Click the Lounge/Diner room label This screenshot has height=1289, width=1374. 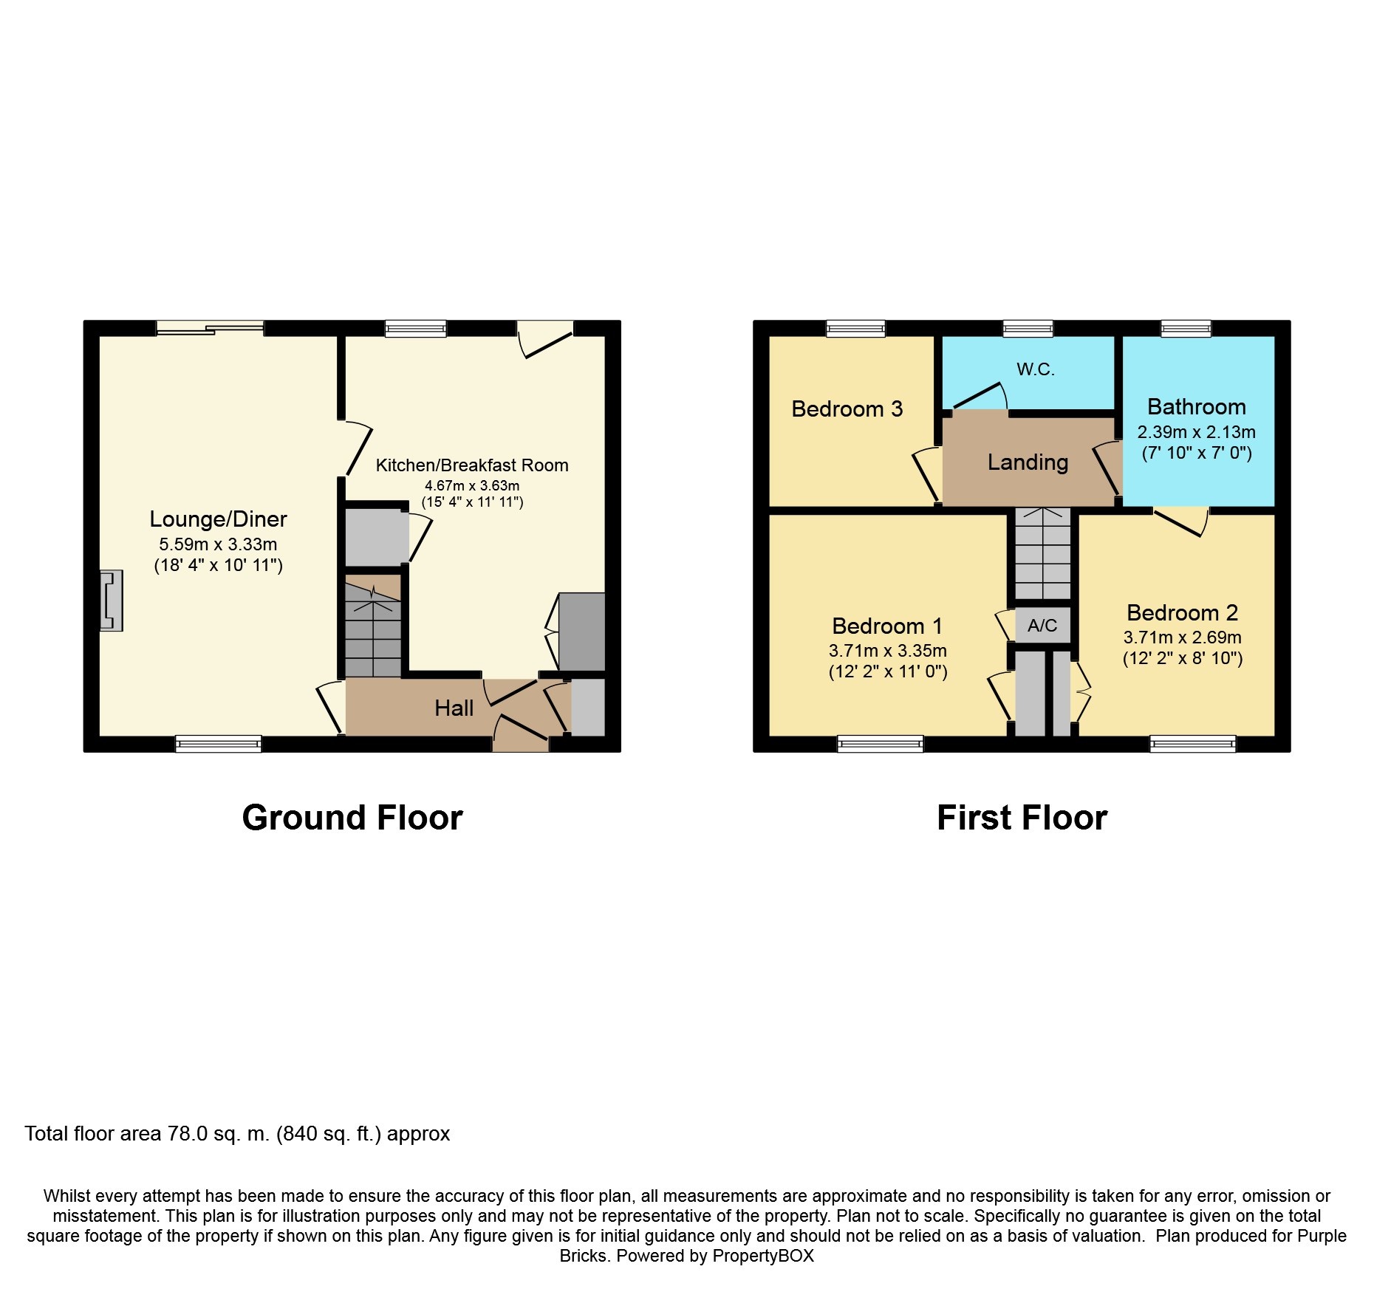(218, 519)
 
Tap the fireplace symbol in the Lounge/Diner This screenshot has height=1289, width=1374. (111, 601)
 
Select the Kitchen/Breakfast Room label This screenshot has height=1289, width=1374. (472, 465)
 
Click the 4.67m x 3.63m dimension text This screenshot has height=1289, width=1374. (472, 486)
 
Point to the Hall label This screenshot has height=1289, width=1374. (454, 708)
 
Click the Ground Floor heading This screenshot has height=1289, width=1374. (352, 818)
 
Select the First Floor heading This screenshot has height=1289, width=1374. (1022, 818)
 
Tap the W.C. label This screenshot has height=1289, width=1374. (1035, 369)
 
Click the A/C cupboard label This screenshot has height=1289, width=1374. (1042, 626)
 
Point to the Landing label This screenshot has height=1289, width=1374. (1028, 462)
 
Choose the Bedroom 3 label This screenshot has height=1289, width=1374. (847, 409)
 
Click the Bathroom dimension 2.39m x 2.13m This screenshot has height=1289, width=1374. (1196, 432)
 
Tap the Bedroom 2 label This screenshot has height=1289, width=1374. (1182, 613)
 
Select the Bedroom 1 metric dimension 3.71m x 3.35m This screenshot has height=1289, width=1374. (887, 651)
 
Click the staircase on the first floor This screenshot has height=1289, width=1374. (1042, 554)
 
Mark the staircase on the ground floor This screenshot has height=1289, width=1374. (373, 632)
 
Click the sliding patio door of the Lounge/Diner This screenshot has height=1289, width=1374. (210, 328)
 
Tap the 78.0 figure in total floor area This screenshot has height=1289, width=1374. (188, 1134)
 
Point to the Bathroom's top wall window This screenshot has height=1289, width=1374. (1186, 328)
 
